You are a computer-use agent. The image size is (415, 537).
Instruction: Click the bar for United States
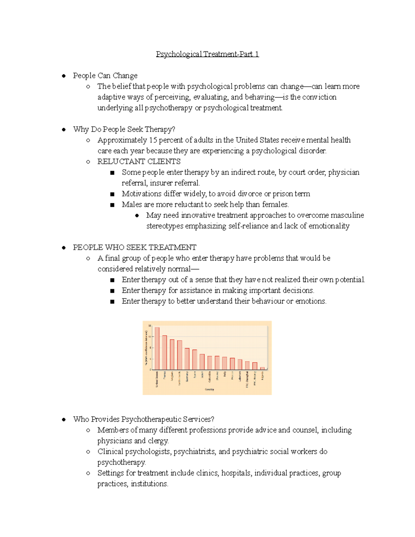pyautogui.click(x=157, y=349)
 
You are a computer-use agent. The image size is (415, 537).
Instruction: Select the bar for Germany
pyautogui.click(x=187, y=359)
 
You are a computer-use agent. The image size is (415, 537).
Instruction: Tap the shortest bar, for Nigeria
pyautogui.click(x=262, y=369)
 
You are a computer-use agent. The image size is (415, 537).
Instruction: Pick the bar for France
pyautogui.click(x=165, y=353)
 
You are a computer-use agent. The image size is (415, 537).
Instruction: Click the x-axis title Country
pyautogui.click(x=209, y=389)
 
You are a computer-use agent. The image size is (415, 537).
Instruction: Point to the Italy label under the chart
pyautogui.click(x=224, y=374)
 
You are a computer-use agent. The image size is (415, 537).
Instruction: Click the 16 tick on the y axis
pyautogui.click(x=150, y=326)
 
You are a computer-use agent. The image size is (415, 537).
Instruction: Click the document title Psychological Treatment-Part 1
pyautogui.click(x=207, y=54)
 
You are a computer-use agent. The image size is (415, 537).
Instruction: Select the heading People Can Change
pyautogui.click(x=105, y=75)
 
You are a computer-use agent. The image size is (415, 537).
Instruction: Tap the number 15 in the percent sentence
pyautogui.click(x=153, y=140)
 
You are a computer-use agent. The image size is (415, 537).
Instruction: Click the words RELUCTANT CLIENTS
pyautogui.click(x=139, y=161)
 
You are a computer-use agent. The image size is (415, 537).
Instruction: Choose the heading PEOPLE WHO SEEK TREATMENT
pyautogui.click(x=135, y=247)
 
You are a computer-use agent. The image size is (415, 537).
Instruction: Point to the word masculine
pyautogui.click(x=347, y=215)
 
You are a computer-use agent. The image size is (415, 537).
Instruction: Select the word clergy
pyautogui.click(x=158, y=441)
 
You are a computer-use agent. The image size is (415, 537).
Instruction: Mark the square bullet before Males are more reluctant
pyautogui.click(x=112, y=205)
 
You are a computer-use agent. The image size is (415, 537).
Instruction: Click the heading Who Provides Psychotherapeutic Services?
pyautogui.click(x=144, y=419)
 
